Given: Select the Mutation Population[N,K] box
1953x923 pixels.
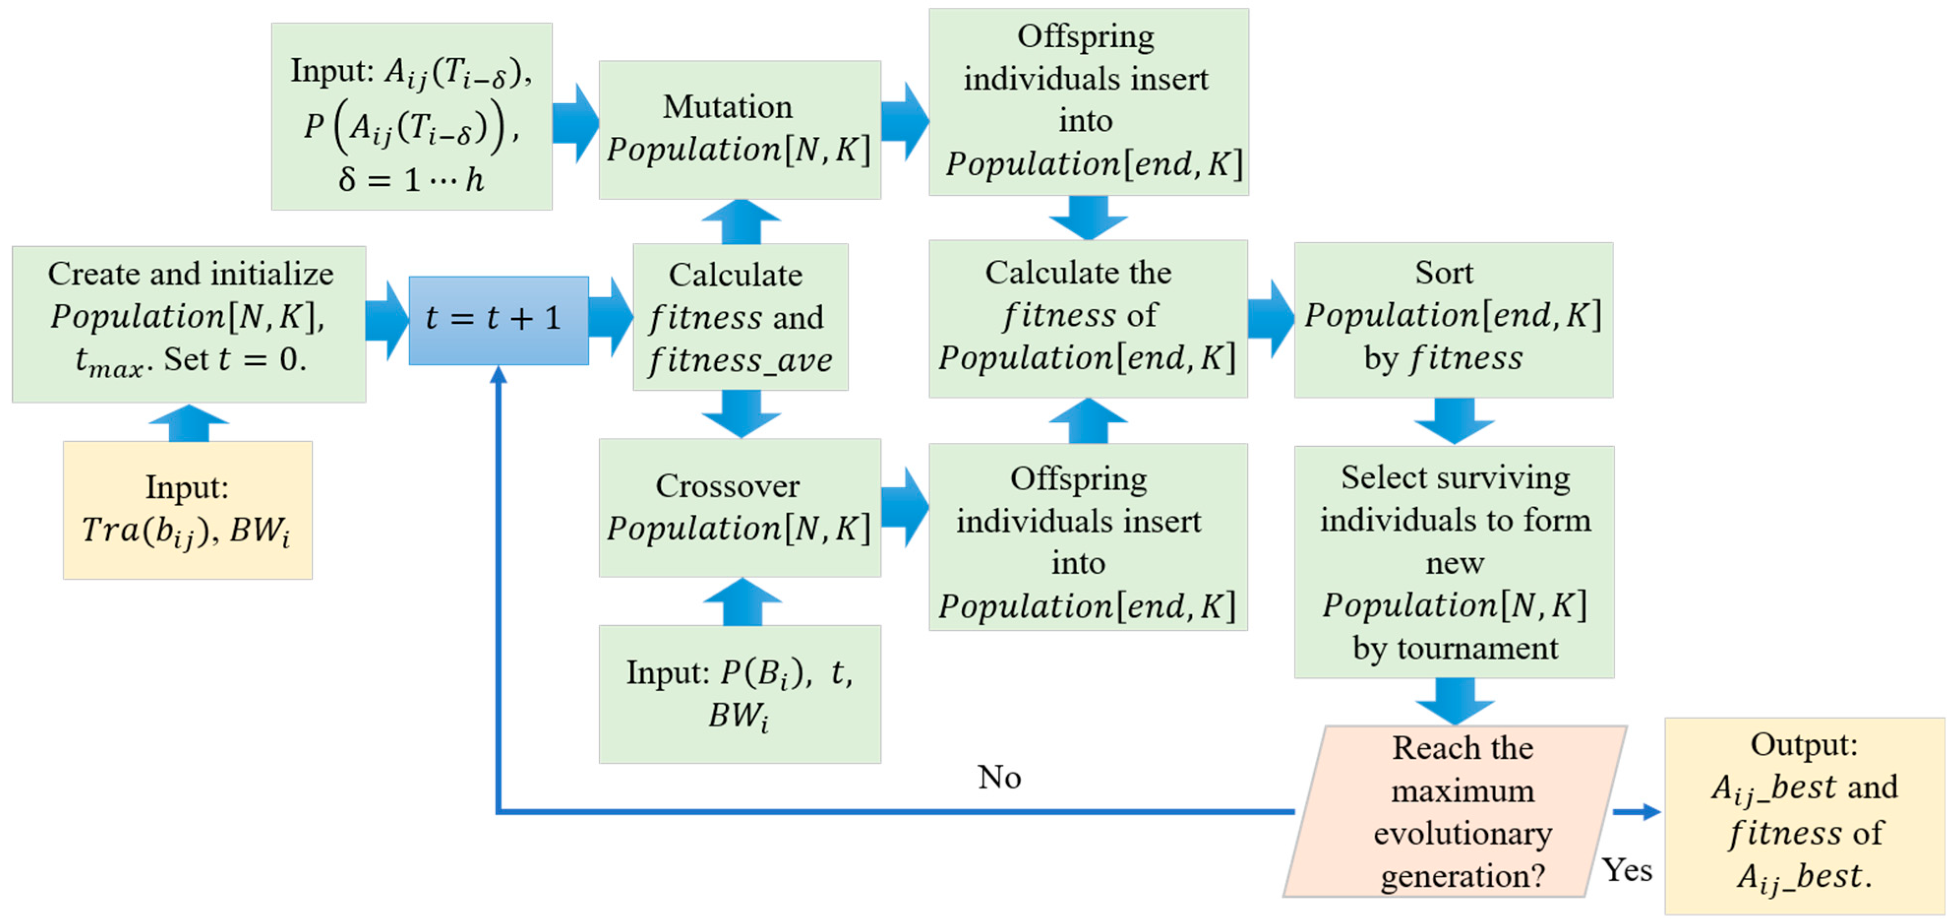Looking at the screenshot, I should coord(739,130).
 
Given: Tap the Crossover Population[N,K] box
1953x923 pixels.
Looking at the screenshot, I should coord(739,507).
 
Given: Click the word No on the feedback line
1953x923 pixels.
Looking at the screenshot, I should coord(999,777).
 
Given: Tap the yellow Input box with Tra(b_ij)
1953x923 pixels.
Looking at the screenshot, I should coord(187,510).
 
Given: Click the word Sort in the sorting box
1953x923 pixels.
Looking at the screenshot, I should coord(1444,273).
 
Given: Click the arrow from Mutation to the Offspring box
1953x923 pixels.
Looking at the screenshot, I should coord(905,122).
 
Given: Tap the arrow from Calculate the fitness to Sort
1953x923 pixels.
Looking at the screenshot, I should coord(1270,318).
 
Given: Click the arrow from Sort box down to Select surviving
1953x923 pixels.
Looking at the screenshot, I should coord(1453,421).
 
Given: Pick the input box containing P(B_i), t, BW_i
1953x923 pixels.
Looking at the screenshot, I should coord(739,694).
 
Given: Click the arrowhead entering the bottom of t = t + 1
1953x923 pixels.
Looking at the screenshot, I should coord(498,374).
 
